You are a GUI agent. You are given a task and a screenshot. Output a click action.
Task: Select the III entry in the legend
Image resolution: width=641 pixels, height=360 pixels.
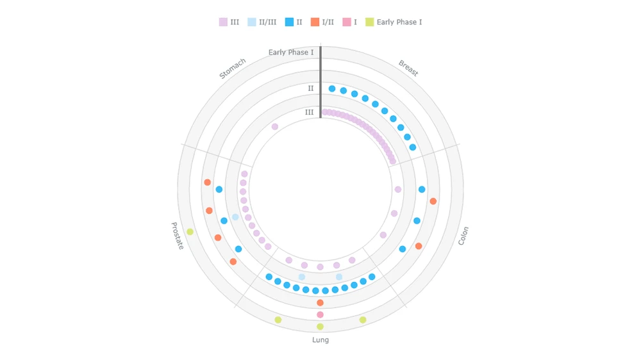pyautogui.click(x=229, y=22)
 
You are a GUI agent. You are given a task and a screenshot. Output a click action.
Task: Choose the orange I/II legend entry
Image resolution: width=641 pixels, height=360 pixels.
pyautogui.click(x=322, y=22)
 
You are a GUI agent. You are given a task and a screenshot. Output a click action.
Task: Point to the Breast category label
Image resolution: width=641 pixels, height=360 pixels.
pyautogui.click(x=408, y=68)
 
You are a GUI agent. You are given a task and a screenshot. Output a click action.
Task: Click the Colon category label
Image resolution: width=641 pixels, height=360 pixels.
pyautogui.click(x=463, y=236)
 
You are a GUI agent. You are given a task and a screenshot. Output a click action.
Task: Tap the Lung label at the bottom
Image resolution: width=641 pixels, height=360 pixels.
pyautogui.click(x=320, y=340)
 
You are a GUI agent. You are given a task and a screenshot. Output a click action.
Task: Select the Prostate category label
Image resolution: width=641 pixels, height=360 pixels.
pyautogui.click(x=178, y=236)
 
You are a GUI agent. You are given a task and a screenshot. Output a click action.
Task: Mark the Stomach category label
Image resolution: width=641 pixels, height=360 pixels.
pyautogui.click(x=232, y=69)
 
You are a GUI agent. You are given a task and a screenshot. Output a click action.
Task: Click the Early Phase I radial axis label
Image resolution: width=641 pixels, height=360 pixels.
pyautogui.click(x=291, y=52)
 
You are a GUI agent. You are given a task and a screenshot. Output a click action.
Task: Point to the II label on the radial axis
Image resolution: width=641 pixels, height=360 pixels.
pyautogui.click(x=310, y=88)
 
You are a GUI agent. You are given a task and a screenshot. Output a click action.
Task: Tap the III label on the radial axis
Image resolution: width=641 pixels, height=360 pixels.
pyautogui.click(x=309, y=113)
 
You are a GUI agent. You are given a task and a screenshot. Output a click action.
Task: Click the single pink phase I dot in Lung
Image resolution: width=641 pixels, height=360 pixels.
pyautogui.click(x=320, y=315)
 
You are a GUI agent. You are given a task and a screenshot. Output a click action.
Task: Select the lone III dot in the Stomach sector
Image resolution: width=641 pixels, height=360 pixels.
pyautogui.click(x=275, y=127)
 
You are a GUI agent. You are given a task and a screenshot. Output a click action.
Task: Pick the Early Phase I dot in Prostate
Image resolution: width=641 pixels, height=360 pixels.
pyautogui.click(x=190, y=232)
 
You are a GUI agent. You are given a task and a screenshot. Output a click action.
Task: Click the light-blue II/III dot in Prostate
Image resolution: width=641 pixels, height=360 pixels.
pyautogui.click(x=235, y=217)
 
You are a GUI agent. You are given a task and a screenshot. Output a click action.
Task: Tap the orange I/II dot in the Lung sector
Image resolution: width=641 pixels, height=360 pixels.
pyautogui.click(x=320, y=302)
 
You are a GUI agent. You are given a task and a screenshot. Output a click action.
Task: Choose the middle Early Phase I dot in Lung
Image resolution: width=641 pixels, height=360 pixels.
pyautogui.click(x=320, y=327)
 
